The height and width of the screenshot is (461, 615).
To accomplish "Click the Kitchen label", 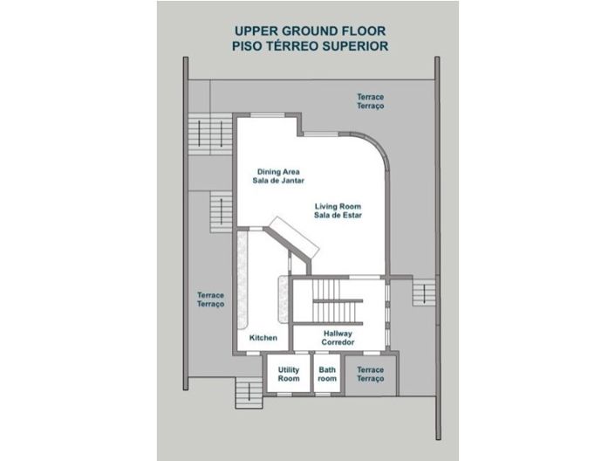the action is tap(263, 338).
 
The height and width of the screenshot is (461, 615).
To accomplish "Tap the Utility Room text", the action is tap(289, 375).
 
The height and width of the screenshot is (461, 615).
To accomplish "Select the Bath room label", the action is tap(327, 375).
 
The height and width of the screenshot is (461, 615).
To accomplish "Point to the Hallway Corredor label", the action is tap(338, 338).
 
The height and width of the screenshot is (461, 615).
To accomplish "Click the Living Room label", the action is tap(338, 210).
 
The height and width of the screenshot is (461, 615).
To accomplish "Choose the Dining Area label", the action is tap(278, 175).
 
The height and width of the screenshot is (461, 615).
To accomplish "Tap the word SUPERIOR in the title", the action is tap(355, 46).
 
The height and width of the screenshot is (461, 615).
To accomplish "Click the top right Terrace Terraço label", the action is tap(370, 101).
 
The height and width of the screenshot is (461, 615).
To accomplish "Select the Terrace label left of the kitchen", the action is tap(210, 299).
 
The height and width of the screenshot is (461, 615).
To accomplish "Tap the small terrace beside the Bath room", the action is tap(371, 375).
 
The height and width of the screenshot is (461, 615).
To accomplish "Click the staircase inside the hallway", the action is tap(338, 301).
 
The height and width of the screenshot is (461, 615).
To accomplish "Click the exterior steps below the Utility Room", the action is tap(249, 393).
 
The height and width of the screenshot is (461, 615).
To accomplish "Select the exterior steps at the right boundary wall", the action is tap(424, 292).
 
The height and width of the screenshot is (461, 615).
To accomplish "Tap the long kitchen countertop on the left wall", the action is tap(243, 280).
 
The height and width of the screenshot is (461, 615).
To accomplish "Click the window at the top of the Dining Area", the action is tap(268, 115).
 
